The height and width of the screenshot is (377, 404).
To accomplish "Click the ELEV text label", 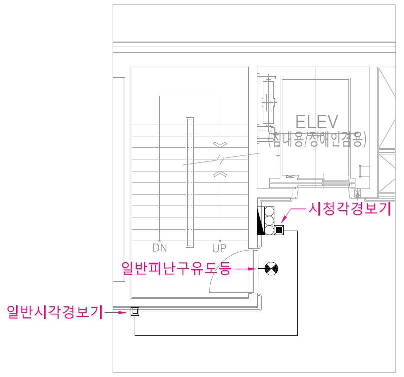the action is click(x=317, y=121).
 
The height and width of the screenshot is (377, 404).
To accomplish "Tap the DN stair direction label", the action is click(x=159, y=248).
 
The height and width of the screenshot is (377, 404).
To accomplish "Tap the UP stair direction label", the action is click(x=219, y=248).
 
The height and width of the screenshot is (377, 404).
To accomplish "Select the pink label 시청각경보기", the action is click(x=349, y=209).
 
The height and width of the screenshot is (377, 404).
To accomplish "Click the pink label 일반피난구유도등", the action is click(x=177, y=269).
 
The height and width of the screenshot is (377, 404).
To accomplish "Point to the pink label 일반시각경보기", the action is click(x=54, y=312).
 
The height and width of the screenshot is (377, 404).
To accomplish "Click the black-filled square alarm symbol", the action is click(x=279, y=230).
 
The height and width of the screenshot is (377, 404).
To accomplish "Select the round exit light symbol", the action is click(x=271, y=269).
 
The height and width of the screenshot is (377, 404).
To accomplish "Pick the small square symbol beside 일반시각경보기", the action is click(x=135, y=312).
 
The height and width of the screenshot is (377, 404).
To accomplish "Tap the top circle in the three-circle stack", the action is click(x=269, y=211).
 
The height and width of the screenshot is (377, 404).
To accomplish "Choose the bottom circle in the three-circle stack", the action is click(x=269, y=230).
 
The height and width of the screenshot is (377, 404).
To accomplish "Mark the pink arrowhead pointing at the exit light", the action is click(x=254, y=269).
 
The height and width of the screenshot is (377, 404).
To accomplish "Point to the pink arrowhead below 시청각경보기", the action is click(x=284, y=220).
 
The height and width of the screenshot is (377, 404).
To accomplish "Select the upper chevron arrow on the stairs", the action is click(x=220, y=144).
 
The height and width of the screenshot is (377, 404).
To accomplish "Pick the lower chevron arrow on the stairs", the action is click(x=220, y=173).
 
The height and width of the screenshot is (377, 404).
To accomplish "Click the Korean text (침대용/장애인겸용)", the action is click(x=317, y=139).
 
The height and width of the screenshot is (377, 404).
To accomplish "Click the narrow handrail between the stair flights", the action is click(x=189, y=182).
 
